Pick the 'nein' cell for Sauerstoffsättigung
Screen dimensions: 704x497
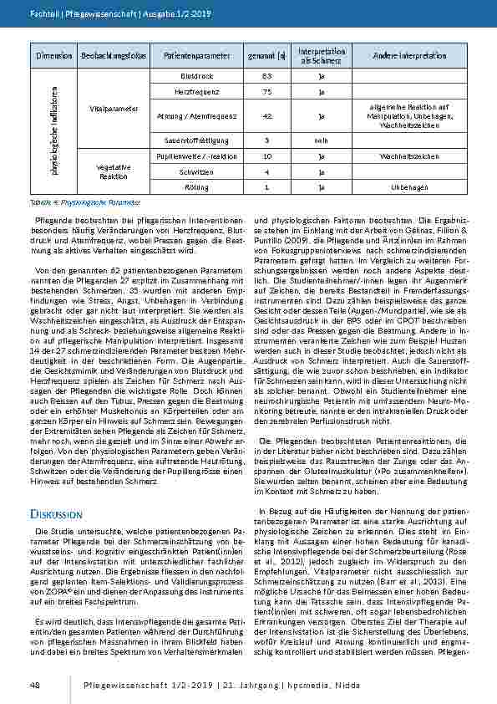(321, 140)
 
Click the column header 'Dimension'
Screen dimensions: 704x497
(54, 55)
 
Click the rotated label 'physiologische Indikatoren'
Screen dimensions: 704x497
(54, 131)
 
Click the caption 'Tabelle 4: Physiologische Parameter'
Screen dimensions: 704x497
(84, 202)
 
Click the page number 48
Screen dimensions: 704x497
(35, 685)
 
